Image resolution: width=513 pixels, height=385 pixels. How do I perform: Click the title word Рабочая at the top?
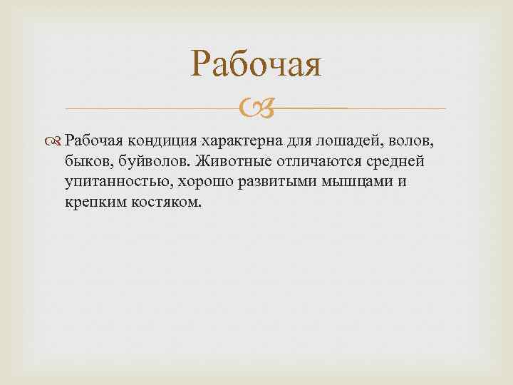tap(256, 66)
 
